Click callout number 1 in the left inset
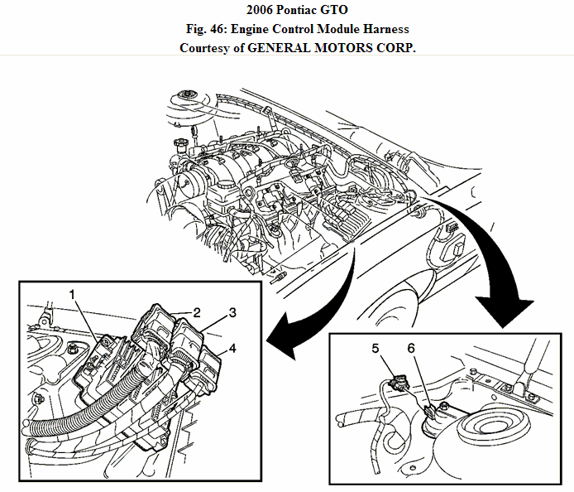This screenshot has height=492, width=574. tap(73, 294)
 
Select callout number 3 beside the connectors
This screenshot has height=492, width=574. tap(233, 312)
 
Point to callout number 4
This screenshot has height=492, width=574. tap(233, 349)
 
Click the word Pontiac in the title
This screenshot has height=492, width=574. tap(286, 11)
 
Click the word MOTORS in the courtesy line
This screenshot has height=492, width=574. tap(356, 47)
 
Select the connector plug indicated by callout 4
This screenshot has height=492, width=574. tap(212, 365)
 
